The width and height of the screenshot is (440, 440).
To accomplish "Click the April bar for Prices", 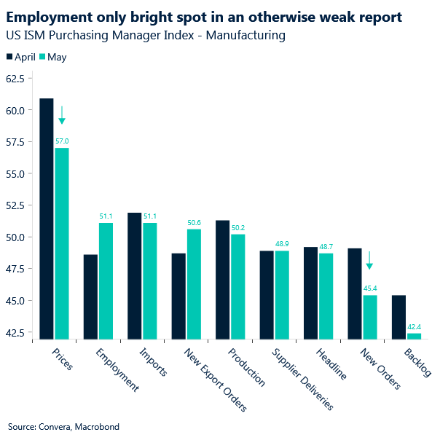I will pyautogui.click(x=47, y=219).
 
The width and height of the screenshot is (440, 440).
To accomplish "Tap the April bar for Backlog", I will pyautogui.click(x=398, y=317).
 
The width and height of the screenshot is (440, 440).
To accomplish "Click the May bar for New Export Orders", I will pyautogui.click(x=194, y=284).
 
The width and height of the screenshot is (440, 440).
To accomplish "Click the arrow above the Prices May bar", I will pyautogui.click(x=62, y=115).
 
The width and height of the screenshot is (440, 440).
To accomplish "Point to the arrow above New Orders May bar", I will pyautogui.click(x=369, y=261).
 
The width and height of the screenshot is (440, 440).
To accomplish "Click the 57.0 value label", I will pyautogui.click(x=62, y=141).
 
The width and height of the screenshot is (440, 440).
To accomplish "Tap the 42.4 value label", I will pyautogui.click(x=413, y=327).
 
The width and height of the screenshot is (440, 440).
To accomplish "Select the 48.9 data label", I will pyautogui.click(x=282, y=244).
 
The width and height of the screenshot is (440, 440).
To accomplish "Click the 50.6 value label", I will pyautogui.click(x=194, y=223).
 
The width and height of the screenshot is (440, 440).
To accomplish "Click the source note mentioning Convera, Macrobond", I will pyautogui.click(x=63, y=426).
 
